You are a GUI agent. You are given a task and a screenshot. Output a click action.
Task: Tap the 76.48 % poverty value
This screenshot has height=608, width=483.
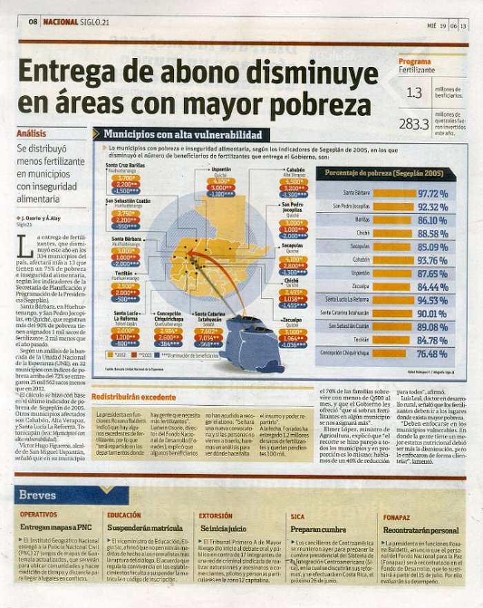433,353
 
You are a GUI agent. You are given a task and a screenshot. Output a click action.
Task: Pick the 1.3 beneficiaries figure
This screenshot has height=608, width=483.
414,92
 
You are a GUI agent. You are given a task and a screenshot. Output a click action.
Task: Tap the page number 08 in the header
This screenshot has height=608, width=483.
32,22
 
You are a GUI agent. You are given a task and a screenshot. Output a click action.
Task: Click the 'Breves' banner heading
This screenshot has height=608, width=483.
37,495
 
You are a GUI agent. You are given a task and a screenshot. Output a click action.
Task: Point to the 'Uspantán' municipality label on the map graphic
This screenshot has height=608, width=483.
221,168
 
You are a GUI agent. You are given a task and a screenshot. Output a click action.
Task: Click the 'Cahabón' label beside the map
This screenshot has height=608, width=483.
295,168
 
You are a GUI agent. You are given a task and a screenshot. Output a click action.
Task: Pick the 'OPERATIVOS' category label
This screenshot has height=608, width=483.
38,516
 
